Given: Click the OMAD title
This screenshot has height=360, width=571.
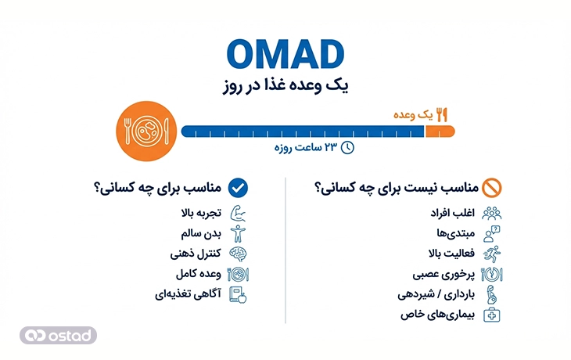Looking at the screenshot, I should pyautogui.click(x=285, y=53).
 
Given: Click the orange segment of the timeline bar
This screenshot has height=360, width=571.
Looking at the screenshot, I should pyautogui.click(x=438, y=131).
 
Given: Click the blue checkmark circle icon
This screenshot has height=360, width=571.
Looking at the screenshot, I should pyautogui.click(x=238, y=188).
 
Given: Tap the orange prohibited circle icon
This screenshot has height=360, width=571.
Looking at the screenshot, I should pyautogui.click(x=493, y=188).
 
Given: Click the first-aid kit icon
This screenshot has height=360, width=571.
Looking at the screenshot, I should pyautogui.click(x=493, y=315).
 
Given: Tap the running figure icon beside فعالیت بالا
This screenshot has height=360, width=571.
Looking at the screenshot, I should pyautogui.click(x=493, y=254).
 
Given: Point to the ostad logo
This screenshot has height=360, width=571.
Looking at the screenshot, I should pyautogui.click(x=59, y=335).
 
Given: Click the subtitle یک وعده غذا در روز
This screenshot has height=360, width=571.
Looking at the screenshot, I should pyautogui.click(x=285, y=85).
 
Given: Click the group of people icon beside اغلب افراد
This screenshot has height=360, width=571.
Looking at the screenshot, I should pyautogui.click(x=493, y=213).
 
